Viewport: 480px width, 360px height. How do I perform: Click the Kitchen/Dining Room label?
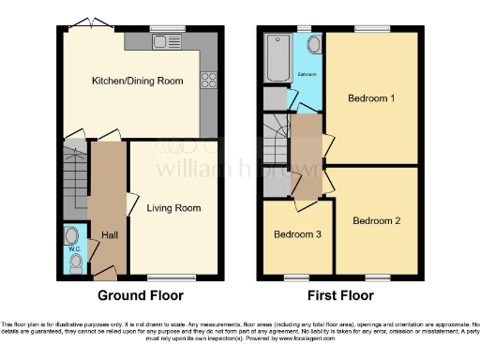(x=135, y=82)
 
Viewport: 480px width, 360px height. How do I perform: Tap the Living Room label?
(x=175, y=207)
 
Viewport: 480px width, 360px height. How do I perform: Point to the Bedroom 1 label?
(x=371, y=97)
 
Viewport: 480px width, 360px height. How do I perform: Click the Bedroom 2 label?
(x=377, y=221)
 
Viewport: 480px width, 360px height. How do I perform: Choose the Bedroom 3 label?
(x=298, y=234)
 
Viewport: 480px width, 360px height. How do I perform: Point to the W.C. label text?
(x=73, y=250)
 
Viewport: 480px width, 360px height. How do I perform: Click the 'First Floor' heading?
(x=341, y=295)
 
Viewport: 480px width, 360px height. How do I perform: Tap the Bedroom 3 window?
(x=295, y=277)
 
